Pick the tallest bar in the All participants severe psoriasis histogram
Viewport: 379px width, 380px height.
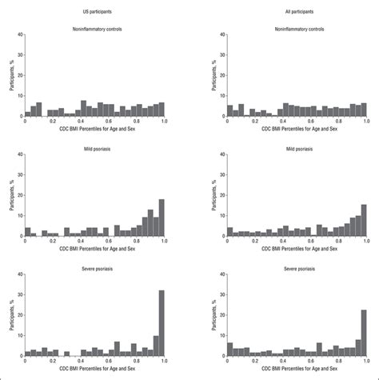tap(364, 333)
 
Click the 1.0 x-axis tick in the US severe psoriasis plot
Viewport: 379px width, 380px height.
tap(164, 362)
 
